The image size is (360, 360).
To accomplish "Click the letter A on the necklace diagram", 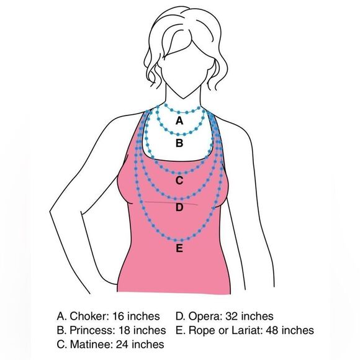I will [179, 120].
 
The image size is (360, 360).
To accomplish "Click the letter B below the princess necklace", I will [179, 143].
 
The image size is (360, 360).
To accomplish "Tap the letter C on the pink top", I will [179, 181].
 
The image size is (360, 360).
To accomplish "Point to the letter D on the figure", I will [179, 208].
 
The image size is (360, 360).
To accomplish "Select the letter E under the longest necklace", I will [179, 250].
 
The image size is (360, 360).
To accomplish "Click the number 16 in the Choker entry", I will [120, 317].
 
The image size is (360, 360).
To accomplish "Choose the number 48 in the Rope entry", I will [272, 330].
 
